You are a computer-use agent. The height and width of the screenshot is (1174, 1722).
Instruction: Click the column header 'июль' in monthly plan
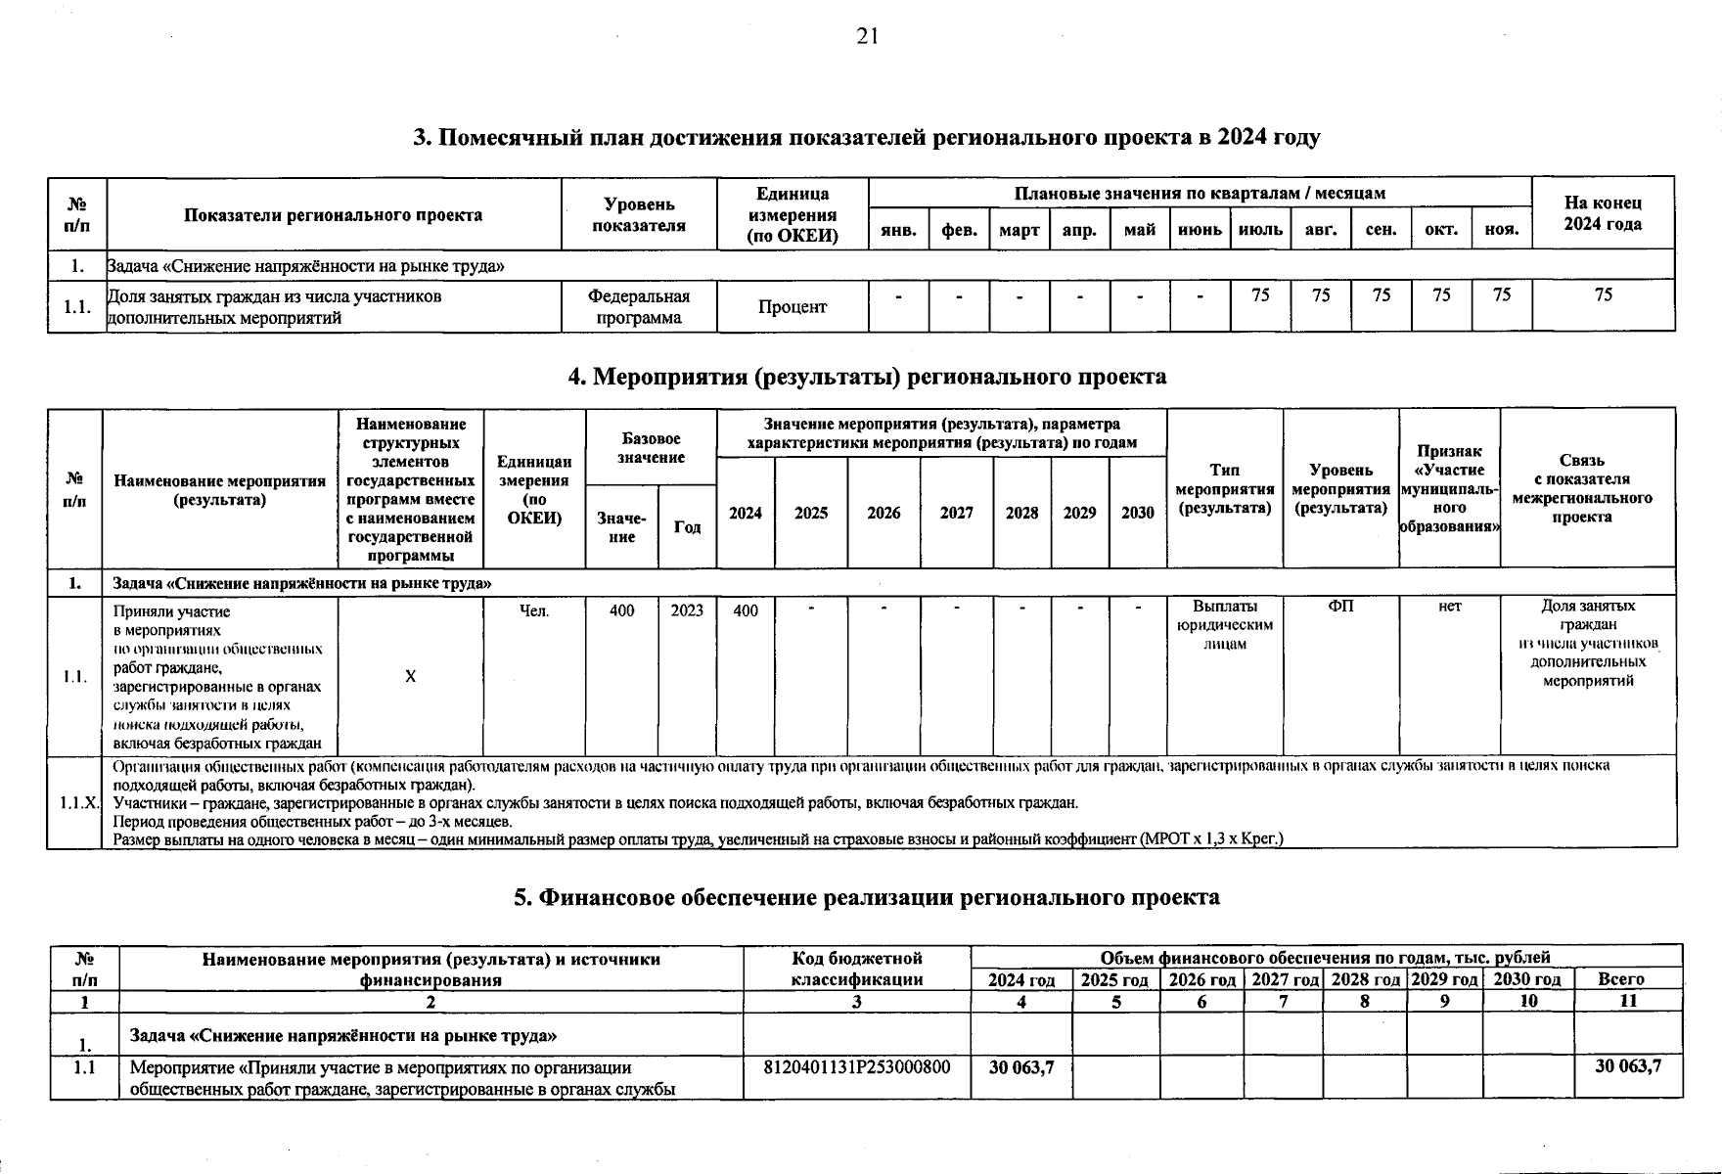(x=1260, y=231)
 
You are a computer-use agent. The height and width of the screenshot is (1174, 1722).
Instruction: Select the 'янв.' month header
(x=898, y=231)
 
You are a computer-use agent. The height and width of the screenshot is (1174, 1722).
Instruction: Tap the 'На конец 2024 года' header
(x=1603, y=213)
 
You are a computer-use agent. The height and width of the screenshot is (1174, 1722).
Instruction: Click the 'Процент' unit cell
(x=792, y=307)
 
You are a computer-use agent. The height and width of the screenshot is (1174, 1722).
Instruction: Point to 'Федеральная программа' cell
(x=639, y=307)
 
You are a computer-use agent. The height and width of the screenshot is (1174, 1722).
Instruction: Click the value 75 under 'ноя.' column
(x=1501, y=294)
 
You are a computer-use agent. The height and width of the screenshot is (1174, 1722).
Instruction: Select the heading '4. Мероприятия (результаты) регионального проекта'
(x=867, y=377)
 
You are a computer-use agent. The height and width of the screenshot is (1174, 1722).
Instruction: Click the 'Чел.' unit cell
(x=534, y=610)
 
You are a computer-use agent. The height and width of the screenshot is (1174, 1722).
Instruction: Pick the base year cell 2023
(x=687, y=610)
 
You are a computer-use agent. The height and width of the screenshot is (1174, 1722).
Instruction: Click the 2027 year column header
(x=956, y=513)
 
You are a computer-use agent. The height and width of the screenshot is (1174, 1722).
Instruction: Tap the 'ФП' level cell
(x=1340, y=607)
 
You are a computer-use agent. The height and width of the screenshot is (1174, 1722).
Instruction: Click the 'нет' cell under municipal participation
(x=1449, y=607)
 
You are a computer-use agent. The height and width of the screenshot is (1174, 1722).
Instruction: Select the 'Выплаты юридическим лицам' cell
(x=1224, y=624)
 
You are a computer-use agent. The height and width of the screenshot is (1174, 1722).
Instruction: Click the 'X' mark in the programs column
(x=411, y=676)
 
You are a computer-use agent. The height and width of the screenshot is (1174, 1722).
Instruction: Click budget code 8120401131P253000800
(x=856, y=1067)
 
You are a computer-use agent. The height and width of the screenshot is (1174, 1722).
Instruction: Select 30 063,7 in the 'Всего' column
(x=1628, y=1067)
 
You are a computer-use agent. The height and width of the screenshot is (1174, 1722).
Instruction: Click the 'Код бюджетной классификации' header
(x=856, y=969)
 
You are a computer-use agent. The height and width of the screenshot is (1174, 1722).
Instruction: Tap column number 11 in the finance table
(x=1628, y=1002)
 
